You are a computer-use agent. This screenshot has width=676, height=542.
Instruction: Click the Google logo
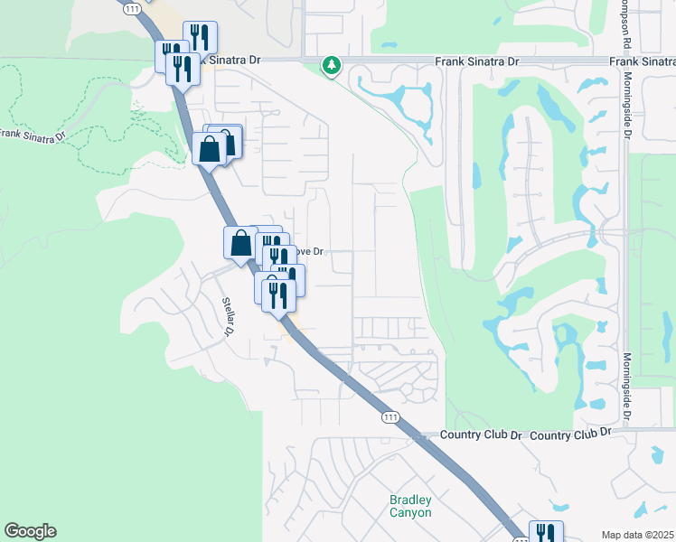[30, 531]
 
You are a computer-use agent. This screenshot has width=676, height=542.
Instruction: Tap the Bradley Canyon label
[410, 506]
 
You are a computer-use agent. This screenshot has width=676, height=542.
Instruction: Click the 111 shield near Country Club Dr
[390, 416]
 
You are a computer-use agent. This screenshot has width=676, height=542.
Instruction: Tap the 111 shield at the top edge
[133, 8]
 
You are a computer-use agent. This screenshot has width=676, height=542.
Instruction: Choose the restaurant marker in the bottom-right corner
[546, 534]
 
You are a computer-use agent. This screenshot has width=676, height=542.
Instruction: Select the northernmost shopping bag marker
[210, 148]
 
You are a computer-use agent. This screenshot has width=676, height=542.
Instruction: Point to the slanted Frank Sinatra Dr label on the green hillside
[33, 135]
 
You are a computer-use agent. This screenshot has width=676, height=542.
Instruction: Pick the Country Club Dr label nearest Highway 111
[482, 435]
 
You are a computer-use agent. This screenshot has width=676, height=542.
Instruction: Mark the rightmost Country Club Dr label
[571, 434]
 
